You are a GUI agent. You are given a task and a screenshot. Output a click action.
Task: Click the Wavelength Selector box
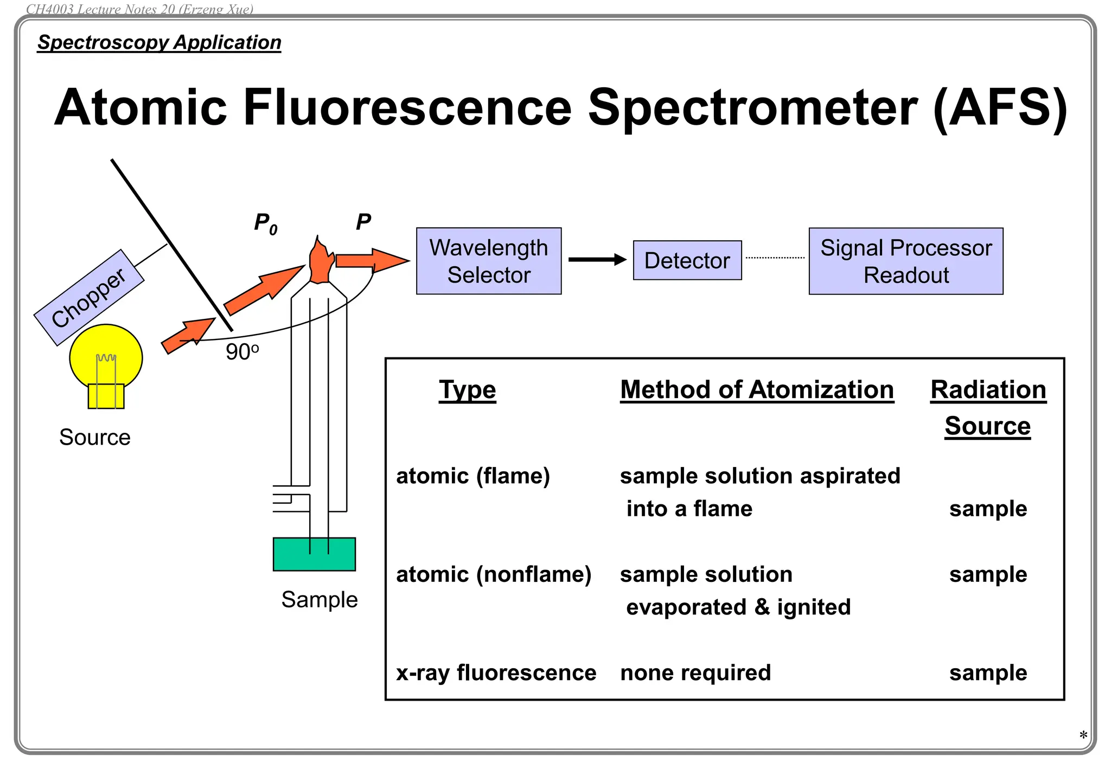pos(488,261)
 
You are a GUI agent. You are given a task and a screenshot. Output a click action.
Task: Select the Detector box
pos(687,260)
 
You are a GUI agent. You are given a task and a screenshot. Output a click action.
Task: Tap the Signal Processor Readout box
pos(905,261)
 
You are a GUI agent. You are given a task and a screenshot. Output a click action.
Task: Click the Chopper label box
pos(89,297)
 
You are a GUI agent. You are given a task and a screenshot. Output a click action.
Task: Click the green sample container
pos(314,554)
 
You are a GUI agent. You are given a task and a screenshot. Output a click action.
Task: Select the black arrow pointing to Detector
pos(597,260)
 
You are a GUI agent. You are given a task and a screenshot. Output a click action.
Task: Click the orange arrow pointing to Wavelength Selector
pos(372,260)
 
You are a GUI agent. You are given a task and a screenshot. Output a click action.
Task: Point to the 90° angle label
pos(242,352)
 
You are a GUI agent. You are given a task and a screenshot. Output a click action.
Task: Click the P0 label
pos(265,223)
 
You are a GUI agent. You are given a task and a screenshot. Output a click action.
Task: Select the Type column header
pos(467,389)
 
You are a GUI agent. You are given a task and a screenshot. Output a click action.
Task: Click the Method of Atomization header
pos(757,389)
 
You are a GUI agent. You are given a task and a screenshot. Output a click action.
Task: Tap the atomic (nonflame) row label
pos(493,574)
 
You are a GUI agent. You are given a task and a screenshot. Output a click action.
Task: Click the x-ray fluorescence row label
pos(496,672)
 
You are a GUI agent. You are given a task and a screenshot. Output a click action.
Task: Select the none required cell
pos(695,672)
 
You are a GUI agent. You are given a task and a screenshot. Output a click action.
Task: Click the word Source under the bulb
pos(95,437)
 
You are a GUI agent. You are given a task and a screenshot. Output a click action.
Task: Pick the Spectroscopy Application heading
pos(159,42)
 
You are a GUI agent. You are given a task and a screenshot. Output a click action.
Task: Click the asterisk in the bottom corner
pos(1083,735)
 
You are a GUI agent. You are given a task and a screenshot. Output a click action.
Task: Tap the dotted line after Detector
pos(775,258)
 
